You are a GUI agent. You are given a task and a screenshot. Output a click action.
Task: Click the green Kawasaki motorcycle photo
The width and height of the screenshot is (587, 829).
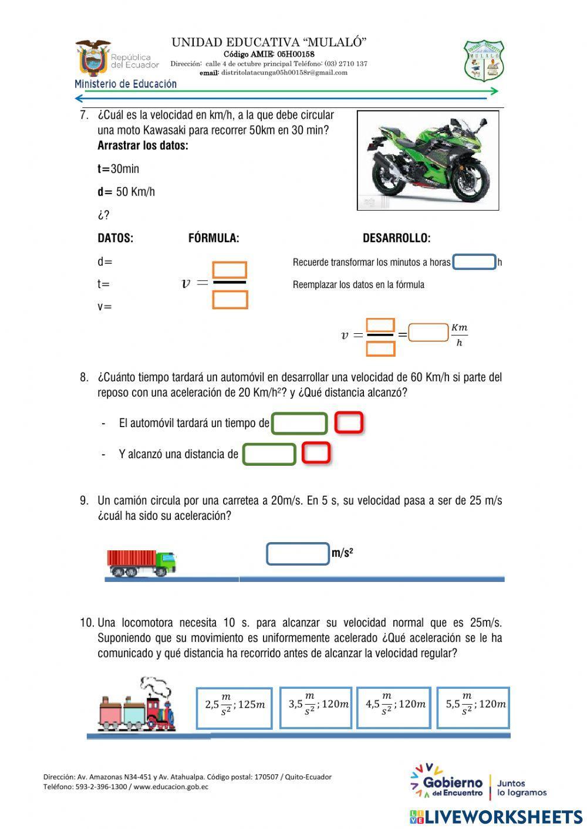point(428,160)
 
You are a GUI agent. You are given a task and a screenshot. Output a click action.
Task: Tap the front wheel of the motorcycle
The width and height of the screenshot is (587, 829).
point(471,182)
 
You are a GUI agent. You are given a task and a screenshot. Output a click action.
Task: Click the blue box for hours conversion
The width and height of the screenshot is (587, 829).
point(474,262)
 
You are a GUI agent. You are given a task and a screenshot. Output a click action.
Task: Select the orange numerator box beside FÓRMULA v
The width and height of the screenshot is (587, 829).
point(230,270)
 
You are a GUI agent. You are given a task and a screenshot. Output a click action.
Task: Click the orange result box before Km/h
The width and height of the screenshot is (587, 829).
point(429,333)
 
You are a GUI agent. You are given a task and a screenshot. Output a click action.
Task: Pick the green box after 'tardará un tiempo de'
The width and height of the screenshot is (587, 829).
point(299,423)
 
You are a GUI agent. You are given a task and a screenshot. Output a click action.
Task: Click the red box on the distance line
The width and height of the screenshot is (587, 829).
point(316,453)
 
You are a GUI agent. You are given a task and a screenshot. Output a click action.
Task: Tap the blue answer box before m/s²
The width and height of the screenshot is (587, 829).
point(298,554)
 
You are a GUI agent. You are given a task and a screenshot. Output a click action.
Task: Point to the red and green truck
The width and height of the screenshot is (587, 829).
point(141,563)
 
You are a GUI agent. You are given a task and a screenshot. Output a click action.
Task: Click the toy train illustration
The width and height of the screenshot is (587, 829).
point(137,706)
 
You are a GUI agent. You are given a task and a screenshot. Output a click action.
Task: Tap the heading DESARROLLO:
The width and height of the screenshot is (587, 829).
point(396,238)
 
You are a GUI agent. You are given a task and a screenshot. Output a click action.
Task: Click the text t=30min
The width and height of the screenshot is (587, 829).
point(118,169)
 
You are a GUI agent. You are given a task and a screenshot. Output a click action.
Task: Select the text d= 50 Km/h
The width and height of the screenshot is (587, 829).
point(126,192)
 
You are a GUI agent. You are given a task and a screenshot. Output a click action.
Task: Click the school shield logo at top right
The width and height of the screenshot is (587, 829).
point(484,60)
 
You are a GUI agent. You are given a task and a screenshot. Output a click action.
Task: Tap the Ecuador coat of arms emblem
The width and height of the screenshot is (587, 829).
point(93,57)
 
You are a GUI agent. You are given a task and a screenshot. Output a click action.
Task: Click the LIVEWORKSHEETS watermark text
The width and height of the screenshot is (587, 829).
point(503,817)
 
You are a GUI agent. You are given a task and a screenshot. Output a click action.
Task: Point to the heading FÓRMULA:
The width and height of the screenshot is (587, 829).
point(214,238)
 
